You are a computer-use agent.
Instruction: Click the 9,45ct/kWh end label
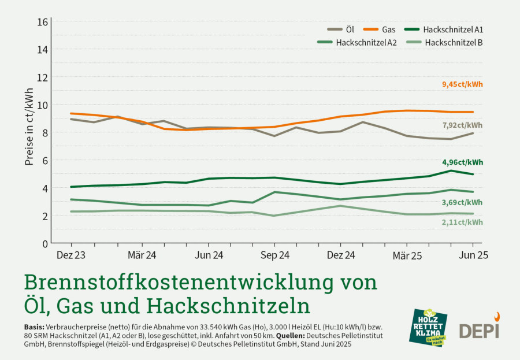(x=462, y=84)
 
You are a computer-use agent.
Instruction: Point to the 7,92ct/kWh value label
(x=462, y=125)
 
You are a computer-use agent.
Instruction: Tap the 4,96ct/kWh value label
(x=462, y=162)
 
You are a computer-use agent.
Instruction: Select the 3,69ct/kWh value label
(x=462, y=203)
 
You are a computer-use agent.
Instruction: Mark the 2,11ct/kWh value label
(x=462, y=222)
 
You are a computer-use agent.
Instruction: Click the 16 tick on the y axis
(x=42, y=22)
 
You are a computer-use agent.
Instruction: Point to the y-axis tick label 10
(x=42, y=105)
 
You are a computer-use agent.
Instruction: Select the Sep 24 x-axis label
(x=275, y=255)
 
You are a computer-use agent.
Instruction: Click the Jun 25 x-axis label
(x=473, y=255)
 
